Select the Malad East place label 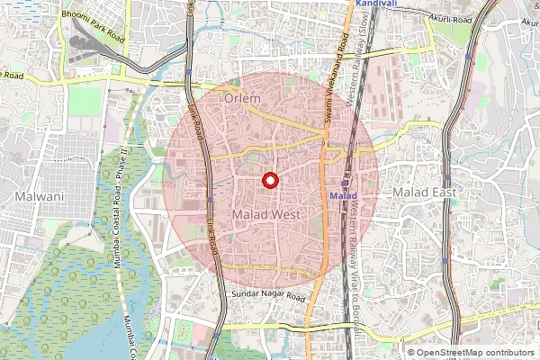point(424,193)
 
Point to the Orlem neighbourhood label point(243,97)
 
